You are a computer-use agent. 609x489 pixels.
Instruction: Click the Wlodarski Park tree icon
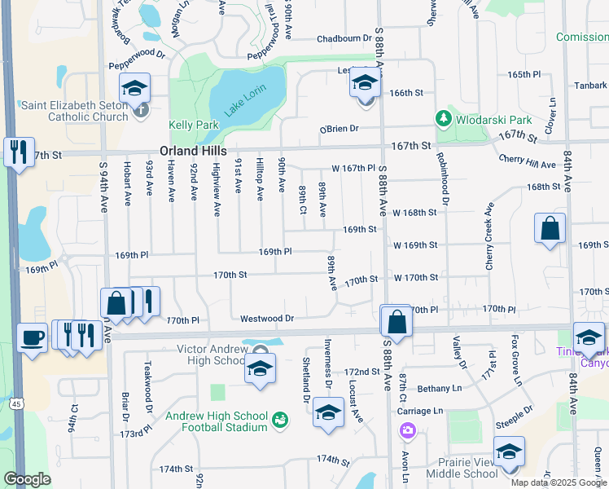pyautogui.click(x=443, y=119)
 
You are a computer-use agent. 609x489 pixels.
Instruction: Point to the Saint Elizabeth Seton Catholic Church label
pyautogui.click(x=75, y=111)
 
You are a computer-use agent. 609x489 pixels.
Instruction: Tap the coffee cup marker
pyautogui.click(x=32, y=337)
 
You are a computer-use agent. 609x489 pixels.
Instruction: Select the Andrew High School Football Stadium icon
pyautogui.click(x=280, y=421)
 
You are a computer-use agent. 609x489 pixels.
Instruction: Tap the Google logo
pyautogui.click(x=27, y=479)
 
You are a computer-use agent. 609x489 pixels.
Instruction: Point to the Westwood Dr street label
pyautogui.click(x=266, y=318)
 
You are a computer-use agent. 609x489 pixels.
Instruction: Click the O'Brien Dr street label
pyautogui.click(x=339, y=129)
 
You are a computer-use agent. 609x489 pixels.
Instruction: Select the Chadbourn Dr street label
pyautogui.click(x=344, y=38)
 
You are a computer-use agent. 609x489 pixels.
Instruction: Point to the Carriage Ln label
pyautogui.click(x=420, y=411)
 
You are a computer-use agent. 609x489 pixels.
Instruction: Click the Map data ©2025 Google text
pyautogui.click(x=558, y=482)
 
